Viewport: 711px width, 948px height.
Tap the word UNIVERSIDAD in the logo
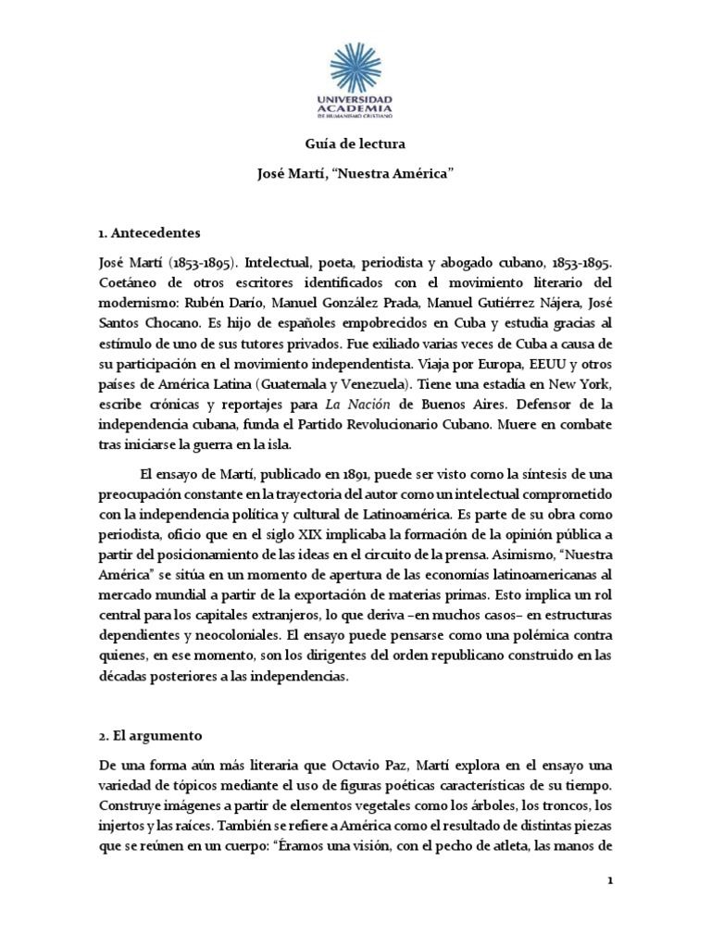[x=355, y=98]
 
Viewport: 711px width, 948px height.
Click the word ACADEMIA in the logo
[x=355, y=108]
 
